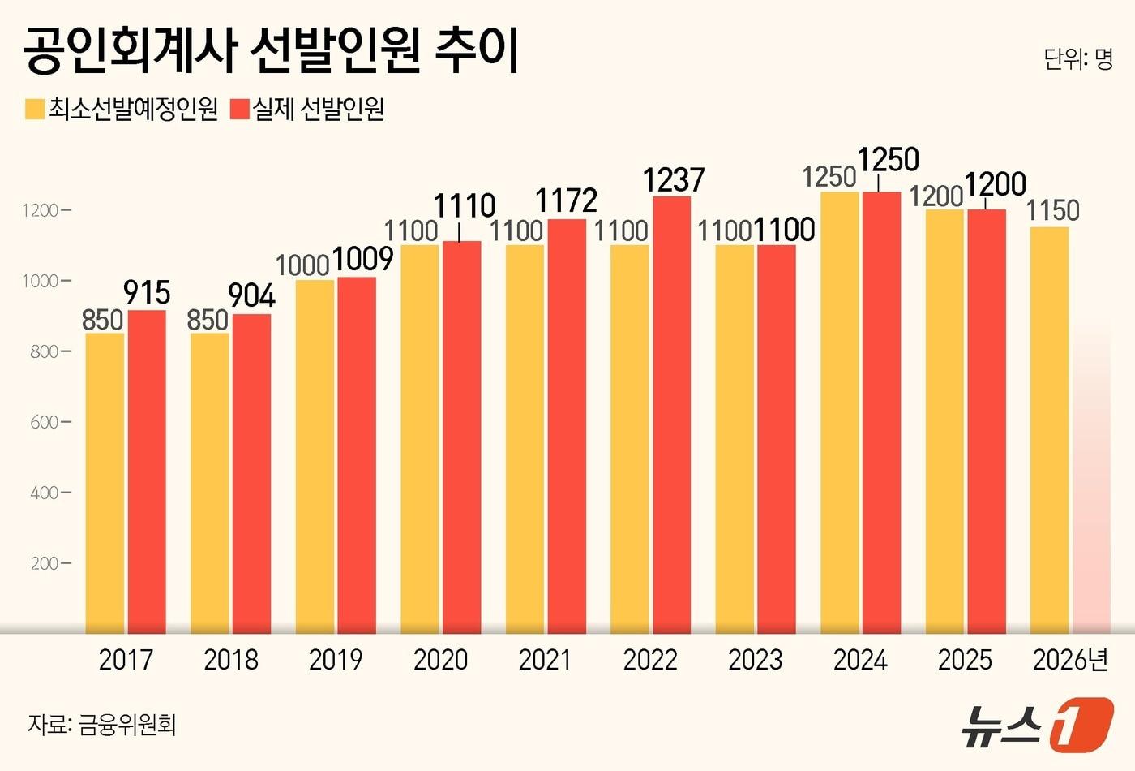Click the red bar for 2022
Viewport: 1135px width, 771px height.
[671, 414]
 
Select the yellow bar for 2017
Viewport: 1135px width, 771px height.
[105, 483]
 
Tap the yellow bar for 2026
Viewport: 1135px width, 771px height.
[1049, 430]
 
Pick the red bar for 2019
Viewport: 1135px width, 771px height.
[357, 454]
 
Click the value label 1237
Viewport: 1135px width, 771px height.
[673, 179]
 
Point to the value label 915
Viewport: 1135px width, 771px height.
[147, 292]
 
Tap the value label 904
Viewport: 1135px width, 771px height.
[251, 295]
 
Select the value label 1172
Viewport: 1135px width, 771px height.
[567, 200]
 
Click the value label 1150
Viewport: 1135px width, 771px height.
[1052, 211]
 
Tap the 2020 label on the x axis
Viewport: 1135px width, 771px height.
[440, 660]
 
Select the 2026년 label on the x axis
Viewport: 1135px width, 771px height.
[1070, 660]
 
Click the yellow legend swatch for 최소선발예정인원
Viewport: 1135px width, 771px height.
[35, 110]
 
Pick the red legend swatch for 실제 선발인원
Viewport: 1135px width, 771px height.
[240, 110]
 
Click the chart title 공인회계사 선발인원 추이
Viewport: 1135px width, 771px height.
[271, 50]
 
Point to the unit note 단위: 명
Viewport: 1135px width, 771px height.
[1078, 59]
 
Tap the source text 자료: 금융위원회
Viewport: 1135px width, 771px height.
[102, 724]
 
